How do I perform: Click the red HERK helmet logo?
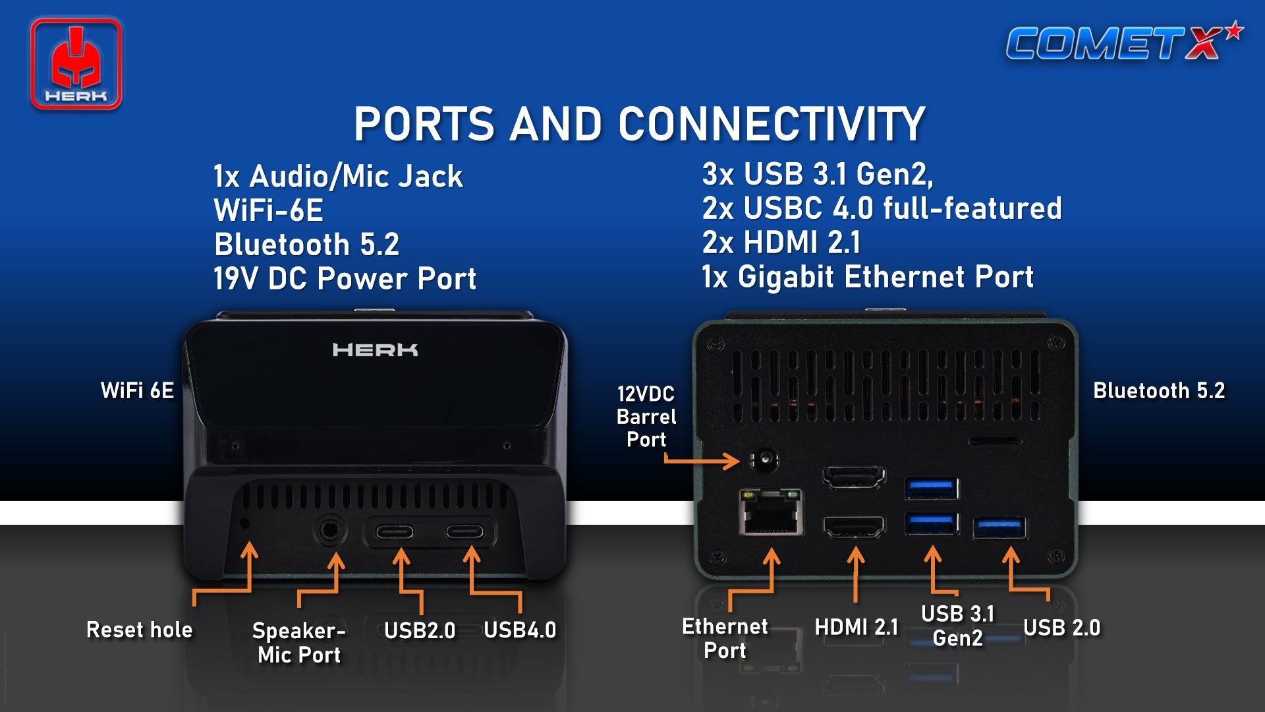coord(76,64)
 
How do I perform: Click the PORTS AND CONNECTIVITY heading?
coord(640,124)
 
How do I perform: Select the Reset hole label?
coord(140,630)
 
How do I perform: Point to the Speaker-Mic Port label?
coord(299,642)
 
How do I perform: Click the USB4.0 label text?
coord(520,630)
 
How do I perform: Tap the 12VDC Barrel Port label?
coord(646,417)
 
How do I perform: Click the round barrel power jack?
coord(764,459)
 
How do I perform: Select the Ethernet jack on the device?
coord(771,512)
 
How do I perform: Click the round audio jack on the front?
coord(331,530)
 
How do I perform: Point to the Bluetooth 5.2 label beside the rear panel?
coord(1159,390)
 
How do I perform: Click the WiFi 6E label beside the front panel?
coord(137,390)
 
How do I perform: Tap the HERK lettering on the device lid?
coord(375,349)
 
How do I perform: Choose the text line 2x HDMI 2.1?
coord(781,243)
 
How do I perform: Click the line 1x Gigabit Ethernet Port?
coord(868,277)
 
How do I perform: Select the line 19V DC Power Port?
coord(345,278)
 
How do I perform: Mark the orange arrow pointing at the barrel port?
coord(701,460)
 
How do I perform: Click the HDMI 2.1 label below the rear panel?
coord(857,627)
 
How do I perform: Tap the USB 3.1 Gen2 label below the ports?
coord(958,626)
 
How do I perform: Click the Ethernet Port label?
coord(725,638)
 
